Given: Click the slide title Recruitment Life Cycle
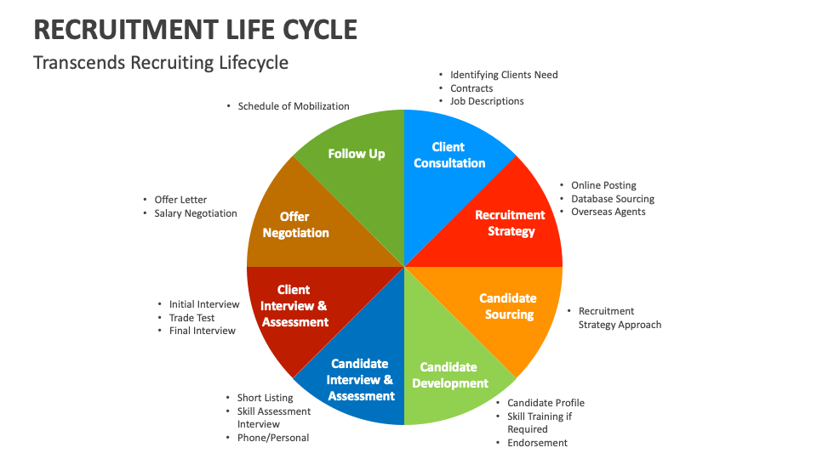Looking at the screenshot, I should pos(195,29).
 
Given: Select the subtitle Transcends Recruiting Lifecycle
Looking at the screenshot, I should pos(161,63).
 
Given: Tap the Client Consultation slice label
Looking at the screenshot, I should pos(448,155).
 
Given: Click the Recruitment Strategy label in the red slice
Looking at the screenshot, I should pos(511,223).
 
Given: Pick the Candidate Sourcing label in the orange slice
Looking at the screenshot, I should pos(508,306).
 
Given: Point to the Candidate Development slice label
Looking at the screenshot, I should pos(449,375).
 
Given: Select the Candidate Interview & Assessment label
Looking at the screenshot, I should pos(361,379).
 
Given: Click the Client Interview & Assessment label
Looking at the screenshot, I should pos(294,306).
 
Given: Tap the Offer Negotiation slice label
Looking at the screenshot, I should pos(295,224).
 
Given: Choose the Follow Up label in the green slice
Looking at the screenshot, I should pos(357,154).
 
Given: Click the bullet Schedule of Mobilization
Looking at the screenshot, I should pos(294,106).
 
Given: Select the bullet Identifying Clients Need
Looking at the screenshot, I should pos(504,75).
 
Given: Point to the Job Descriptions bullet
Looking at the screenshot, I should pos(487,101).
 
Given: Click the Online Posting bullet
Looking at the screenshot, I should pos(603,185).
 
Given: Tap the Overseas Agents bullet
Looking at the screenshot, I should pos(608,212).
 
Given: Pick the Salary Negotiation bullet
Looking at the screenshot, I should pos(196,213).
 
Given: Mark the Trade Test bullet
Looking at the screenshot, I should pos(191,318).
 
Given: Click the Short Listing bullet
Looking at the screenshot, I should pos(265,398).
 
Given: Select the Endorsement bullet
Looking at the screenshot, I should pos(537,443).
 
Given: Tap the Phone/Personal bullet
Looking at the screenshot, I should pos(272,438).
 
